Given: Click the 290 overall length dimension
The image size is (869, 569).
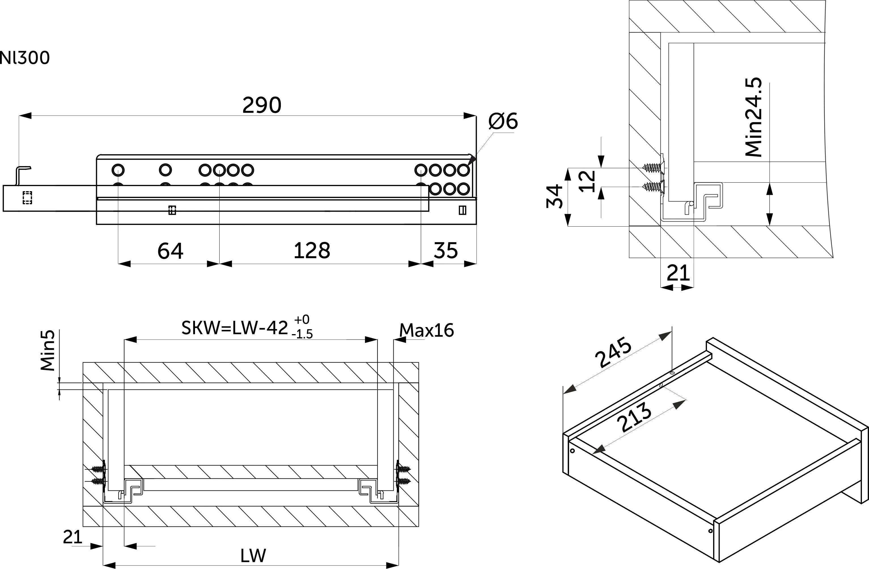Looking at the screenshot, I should (262, 105).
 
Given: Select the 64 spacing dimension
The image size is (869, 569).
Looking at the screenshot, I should (170, 251).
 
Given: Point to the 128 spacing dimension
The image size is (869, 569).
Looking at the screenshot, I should (312, 251).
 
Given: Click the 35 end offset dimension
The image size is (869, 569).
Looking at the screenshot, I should (446, 251).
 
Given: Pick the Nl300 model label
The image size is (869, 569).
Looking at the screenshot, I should (25, 58).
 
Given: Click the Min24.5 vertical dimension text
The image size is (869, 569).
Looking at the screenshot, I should (754, 117).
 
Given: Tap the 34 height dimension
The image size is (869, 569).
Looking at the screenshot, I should (555, 196).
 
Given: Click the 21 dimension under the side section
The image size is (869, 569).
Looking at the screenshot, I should (678, 273).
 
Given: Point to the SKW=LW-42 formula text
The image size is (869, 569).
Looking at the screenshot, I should (235, 328).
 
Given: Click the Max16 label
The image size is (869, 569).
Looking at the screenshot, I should (427, 330).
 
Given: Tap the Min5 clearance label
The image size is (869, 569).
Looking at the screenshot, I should (48, 350).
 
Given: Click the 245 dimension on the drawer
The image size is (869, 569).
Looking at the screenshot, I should (613, 352).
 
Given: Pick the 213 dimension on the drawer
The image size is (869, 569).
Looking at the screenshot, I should (634, 417).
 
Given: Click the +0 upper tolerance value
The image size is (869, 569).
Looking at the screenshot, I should (302, 319).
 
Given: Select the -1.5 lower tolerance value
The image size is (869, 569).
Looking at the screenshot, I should (302, 334).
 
